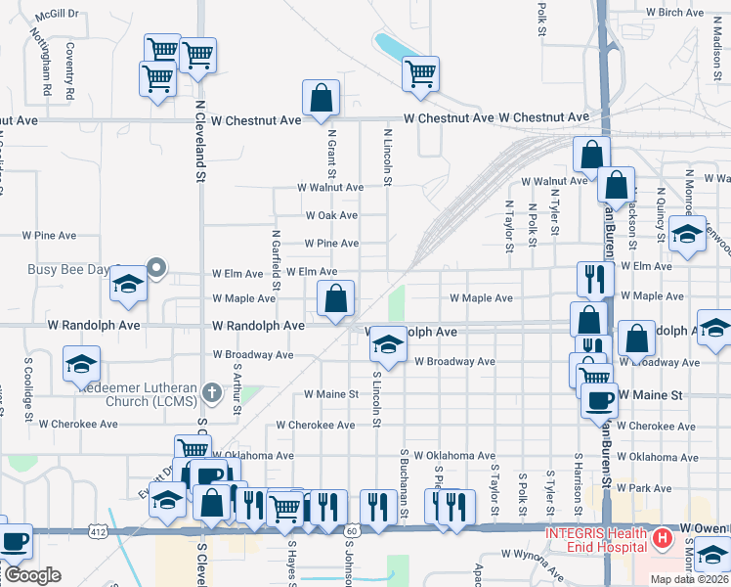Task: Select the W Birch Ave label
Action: click(x=674, y=13)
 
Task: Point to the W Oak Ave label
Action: click(x=331, y=215)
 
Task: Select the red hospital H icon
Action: click(x=663, y=537)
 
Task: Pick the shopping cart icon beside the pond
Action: click(x=420, y=73)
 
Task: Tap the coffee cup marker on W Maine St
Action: click(x=598, y=399)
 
